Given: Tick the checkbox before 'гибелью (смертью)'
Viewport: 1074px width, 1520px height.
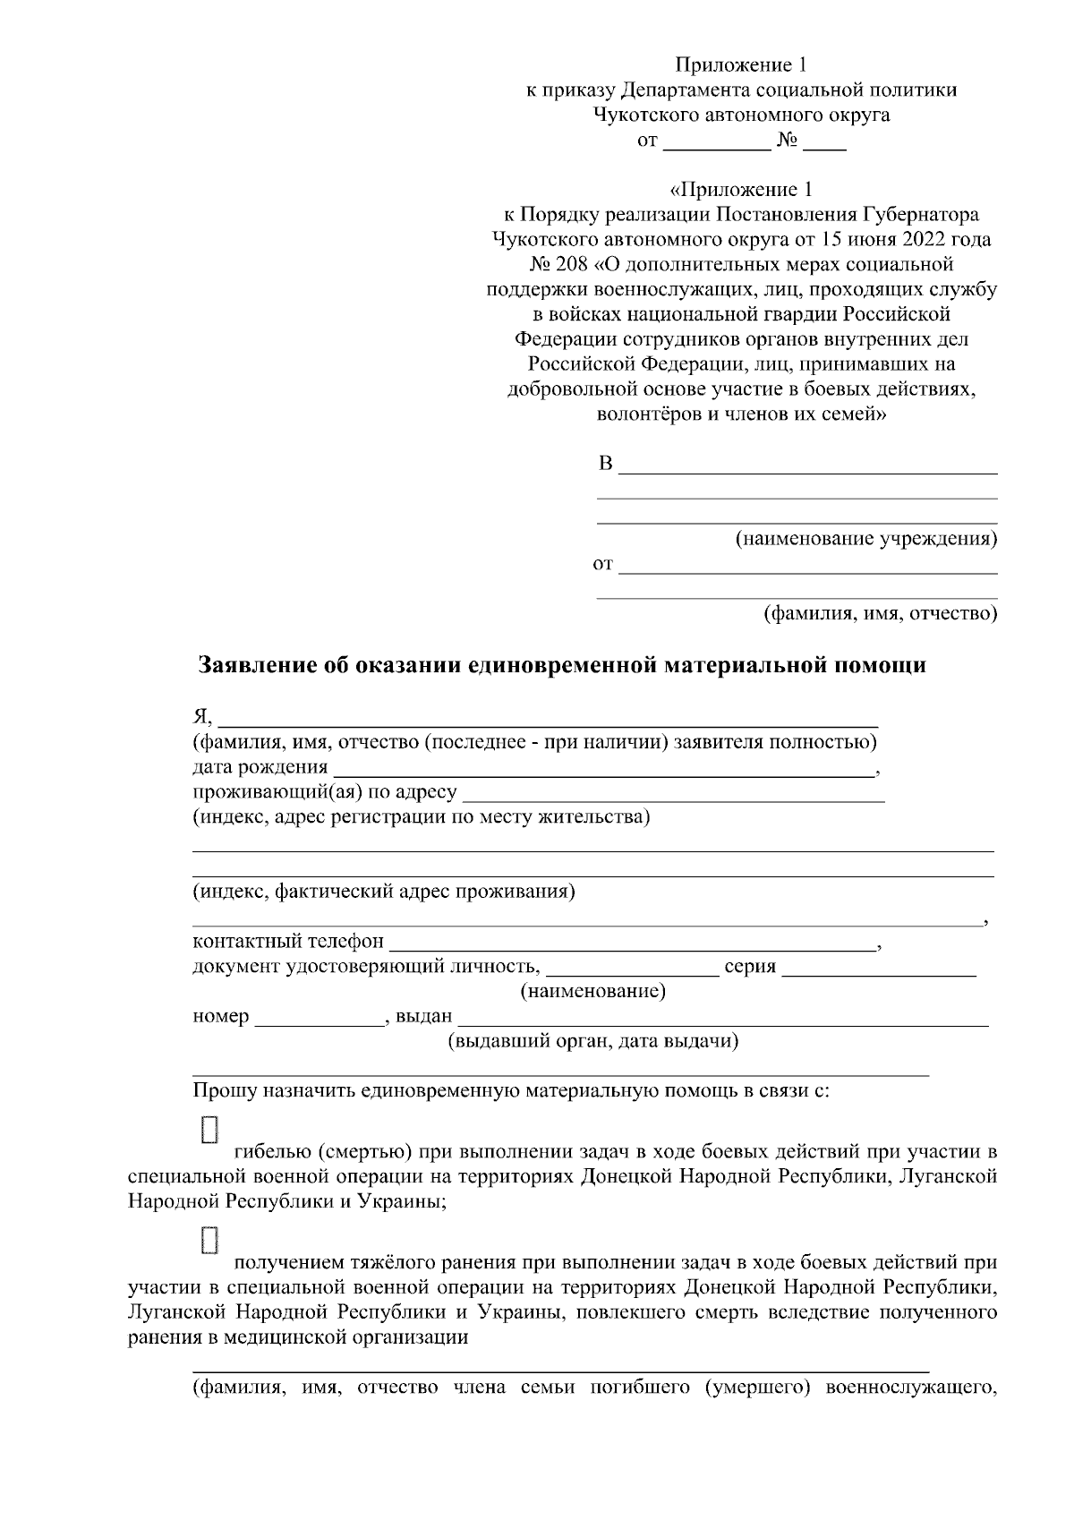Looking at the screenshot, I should pos(209,1129).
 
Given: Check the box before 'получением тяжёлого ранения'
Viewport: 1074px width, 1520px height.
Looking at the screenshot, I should pos(209,1240).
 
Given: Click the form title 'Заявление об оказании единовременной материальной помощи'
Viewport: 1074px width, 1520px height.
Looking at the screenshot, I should pos(561,666).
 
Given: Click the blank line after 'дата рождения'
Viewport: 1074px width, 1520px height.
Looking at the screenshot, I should pos(604,769).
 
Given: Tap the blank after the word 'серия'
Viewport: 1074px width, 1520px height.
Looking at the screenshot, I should pos(879,968).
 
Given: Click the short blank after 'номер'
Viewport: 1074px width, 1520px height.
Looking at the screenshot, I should pos(320,1018).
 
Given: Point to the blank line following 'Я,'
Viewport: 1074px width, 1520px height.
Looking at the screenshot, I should pos(549,719).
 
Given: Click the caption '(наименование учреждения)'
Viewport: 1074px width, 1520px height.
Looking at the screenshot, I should pos(865,539).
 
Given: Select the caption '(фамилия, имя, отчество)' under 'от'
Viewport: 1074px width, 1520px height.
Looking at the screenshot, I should pos(879,614).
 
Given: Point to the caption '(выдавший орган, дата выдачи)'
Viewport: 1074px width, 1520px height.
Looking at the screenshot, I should pos(592,1041).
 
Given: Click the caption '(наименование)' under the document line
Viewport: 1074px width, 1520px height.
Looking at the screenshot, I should pos(592,992).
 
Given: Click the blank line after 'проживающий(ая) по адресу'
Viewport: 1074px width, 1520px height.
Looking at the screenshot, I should pos(674,794).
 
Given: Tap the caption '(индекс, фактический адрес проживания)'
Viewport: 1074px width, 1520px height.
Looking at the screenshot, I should pos(384,892).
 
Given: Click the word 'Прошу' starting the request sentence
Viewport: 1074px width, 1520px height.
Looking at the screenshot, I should pos(220,1091).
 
